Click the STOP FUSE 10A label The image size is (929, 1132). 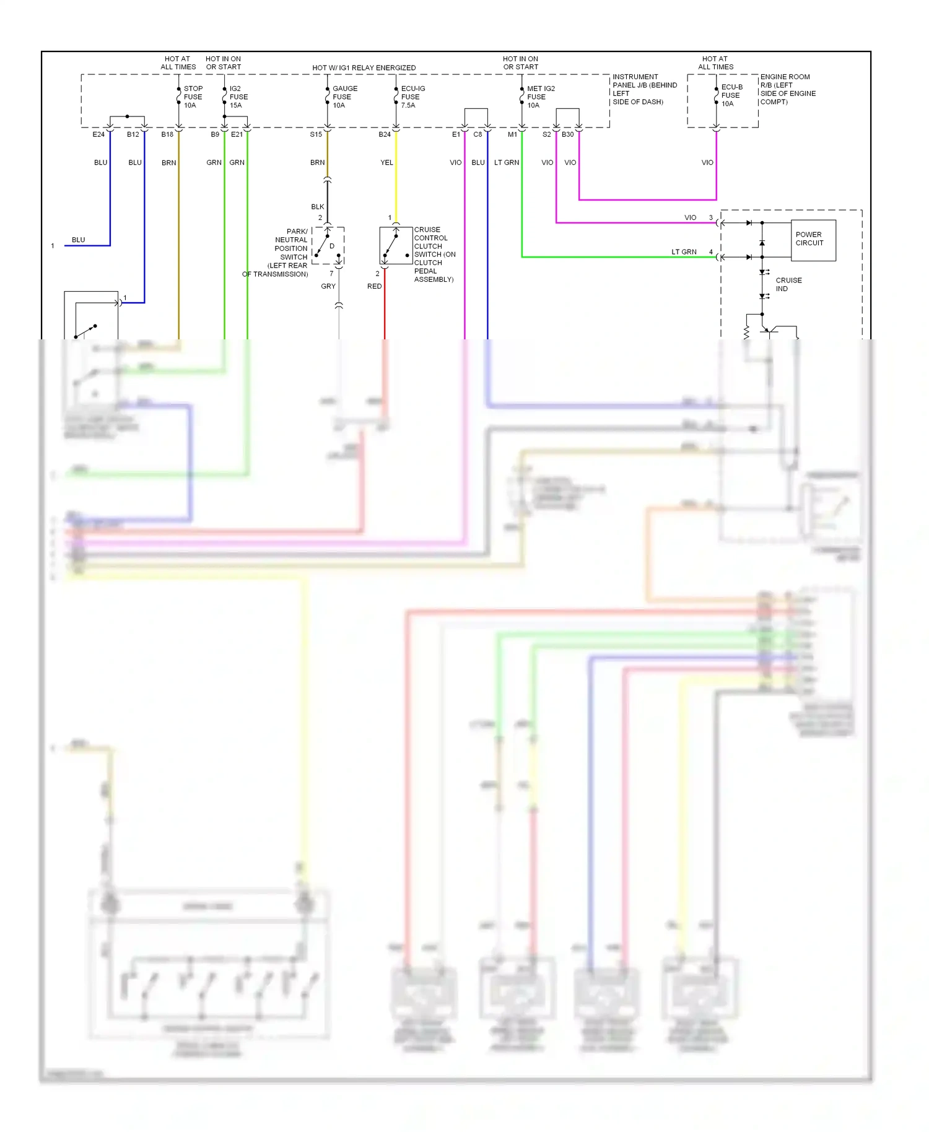(193, 97)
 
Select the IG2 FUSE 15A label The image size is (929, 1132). (238, 97)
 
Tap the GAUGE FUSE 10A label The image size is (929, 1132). (344, 97)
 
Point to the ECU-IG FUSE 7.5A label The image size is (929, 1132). (412, 97)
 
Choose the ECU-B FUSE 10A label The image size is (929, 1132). (731, 95)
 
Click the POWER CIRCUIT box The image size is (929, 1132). (813, 240)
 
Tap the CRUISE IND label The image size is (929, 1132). (788, 284)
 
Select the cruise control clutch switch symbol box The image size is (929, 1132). (396, 245)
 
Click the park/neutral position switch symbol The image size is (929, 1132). (328, 246)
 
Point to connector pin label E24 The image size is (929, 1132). (98, 134)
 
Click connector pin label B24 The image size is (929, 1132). (385, 134)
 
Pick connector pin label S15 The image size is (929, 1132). (316, 134)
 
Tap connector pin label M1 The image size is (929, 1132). (512, 134)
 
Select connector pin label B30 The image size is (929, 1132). (567, 134)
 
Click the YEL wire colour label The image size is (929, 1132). (386, 163)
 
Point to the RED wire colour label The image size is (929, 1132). (374, 286)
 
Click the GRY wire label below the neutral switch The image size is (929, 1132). (328, 286)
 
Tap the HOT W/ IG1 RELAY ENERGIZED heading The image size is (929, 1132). (364, 67)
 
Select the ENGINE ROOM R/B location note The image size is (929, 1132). (787, 89)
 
